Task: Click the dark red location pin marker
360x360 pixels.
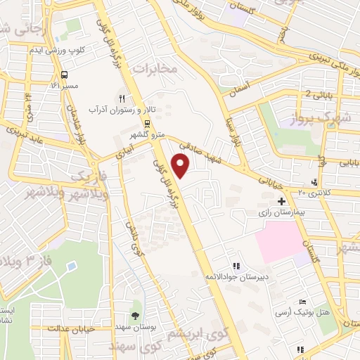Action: point(181,165)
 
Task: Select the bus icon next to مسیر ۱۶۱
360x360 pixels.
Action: point(65,75)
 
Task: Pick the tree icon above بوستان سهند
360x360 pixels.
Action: point(135,315)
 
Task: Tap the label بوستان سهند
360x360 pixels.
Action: point(131,327)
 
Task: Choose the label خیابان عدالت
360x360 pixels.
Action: point(70,328)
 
